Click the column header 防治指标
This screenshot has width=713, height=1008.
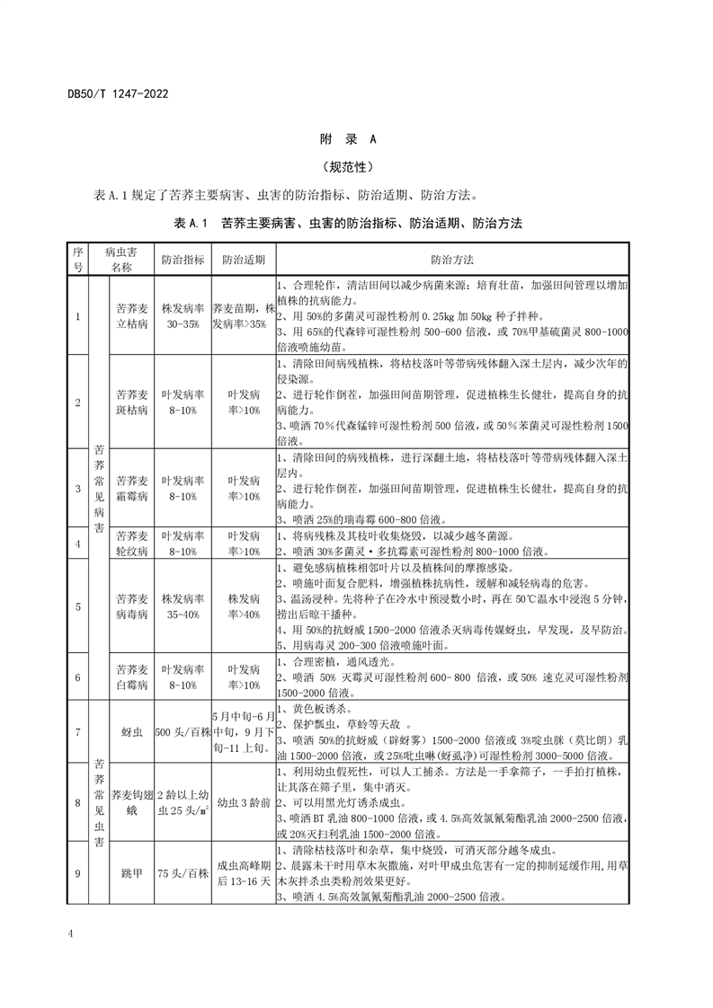tap(183, 259)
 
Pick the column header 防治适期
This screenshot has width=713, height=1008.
tap(243, 259)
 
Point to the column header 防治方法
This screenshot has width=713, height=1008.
tap(452, 259)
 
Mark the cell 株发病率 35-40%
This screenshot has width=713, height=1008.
tap(183, 606)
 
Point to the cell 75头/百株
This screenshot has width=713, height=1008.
tap(183, 872)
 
